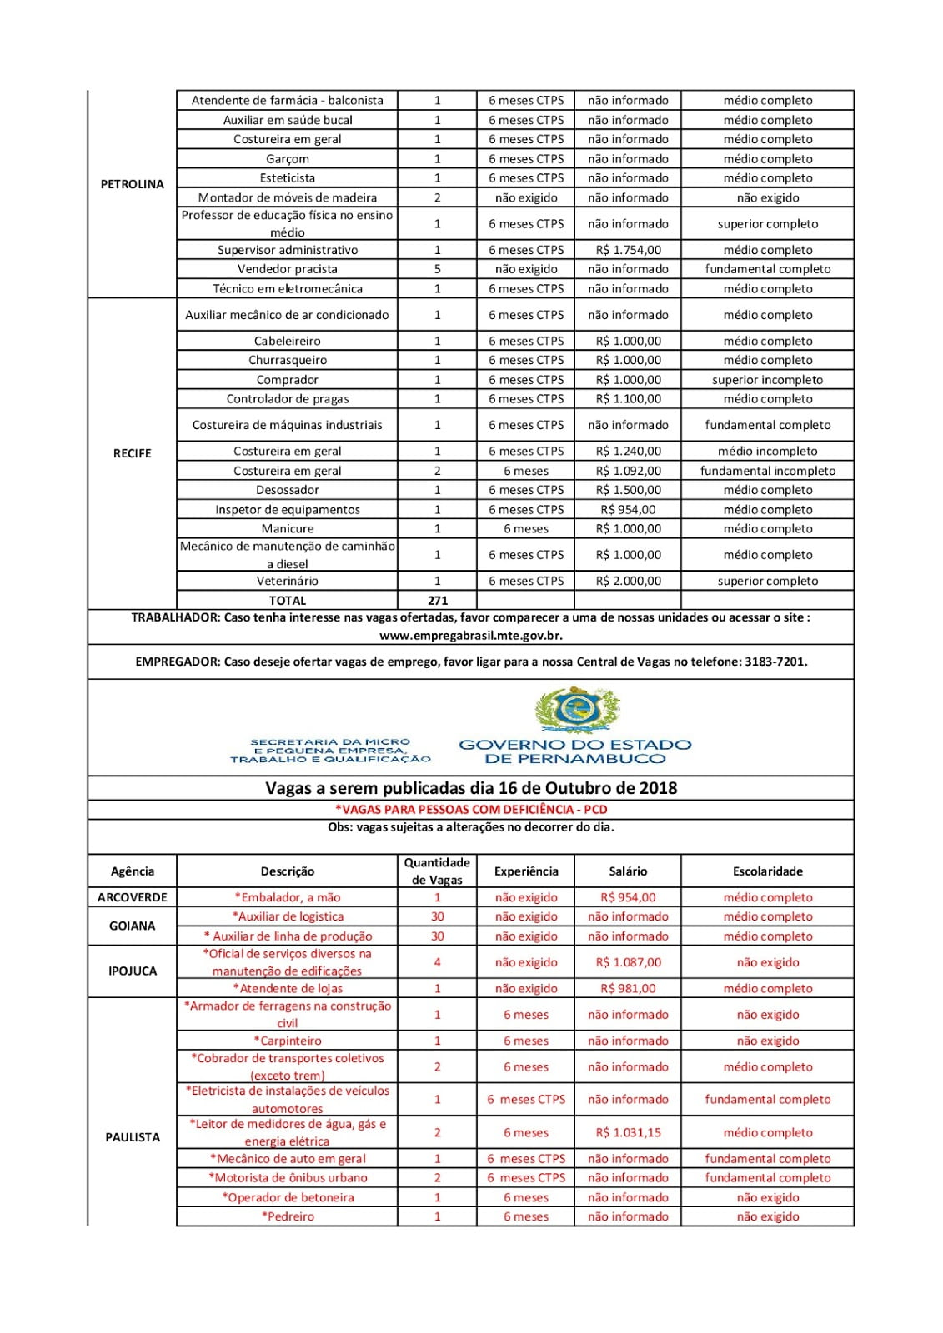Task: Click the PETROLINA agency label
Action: pyautogui.click(x=132, y=184)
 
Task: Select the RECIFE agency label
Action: pyautogui.click(x=132, y=453)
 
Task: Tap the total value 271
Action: pyautogui.click(x=437, y=600)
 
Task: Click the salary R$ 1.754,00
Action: pyautogui.click(x=628, y=250)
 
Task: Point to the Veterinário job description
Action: pyautogui.click(x=287, y=581)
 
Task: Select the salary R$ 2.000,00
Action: pyautogui.click(x=628, y=581)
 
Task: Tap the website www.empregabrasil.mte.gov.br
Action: pyautogui.click(x=471, y=635)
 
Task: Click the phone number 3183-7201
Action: pyautogui.click(x=775, y=662)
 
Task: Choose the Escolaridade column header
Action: pyautogui.click(x=767, y=871)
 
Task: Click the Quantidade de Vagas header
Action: pyautogui.click(x=437, y=871)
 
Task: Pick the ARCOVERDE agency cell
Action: pyautogui.click(x=132, y=897)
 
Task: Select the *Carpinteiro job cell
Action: pyautogui.click(x=287, y=1041)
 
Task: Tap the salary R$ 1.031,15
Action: pyautogui.click(x=628, y=1132)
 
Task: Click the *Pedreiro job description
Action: pyautogui.click(x=288, y=1216)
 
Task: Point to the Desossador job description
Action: pyautogui.click(x=287, y=490)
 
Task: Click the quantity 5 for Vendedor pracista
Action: pyautogui.click(x=437, y=269)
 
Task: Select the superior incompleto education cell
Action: pyautogui.click(x=767, y=380)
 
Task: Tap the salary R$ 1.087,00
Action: pyautogui.click(x=628, y=962)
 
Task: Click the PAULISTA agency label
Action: pyautogui.click(x=132, y=1137)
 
